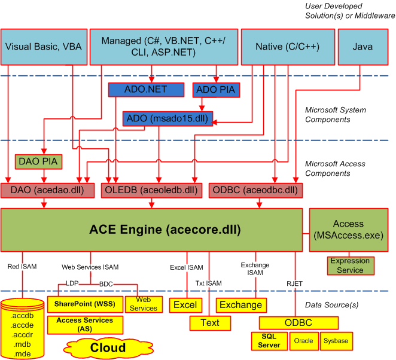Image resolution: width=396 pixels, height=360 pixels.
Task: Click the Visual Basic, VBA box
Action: [43, 46]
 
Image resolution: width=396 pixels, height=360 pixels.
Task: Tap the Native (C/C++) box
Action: [287, 46]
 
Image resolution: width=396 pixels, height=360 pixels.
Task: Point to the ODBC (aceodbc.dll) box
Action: [255, 190]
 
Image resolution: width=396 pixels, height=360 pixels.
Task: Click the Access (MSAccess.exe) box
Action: [348, 230]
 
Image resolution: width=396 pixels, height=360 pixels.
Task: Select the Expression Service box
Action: [350, 266]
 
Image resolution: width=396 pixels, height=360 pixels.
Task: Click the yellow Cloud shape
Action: [108, 347]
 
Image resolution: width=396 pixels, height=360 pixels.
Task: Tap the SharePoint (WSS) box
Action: [85, 304]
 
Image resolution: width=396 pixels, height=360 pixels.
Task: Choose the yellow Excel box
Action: [185, 304]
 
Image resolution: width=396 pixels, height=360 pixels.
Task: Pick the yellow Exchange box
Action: [240, 304]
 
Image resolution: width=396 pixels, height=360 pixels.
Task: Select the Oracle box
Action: [304, 341]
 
